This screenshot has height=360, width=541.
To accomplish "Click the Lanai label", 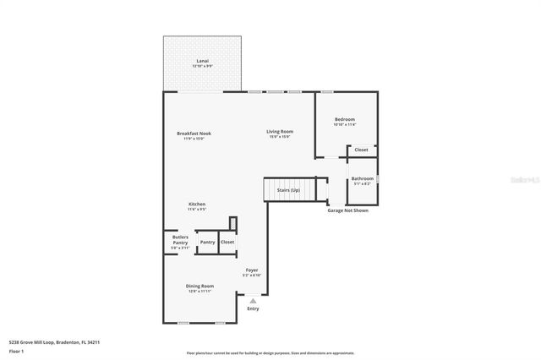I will pos(202,61).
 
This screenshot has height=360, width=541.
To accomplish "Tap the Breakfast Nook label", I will pos(194,134).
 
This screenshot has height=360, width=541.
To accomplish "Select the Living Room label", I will pos(280,131).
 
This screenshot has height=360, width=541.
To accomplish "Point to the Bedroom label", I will pos(344,119).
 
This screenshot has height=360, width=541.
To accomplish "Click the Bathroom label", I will pos(363,178).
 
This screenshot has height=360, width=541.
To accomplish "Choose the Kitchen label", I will pos(196,204).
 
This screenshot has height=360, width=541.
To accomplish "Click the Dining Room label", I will pos(199,286).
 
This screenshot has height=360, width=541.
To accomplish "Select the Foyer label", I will pos(252,270).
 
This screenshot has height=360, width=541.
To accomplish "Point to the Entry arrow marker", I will pos(253,300).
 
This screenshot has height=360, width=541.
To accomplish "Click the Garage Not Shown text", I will pos(347,210).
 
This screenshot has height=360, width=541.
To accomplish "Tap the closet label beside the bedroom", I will pos(361,150).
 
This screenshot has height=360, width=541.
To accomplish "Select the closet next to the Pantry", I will pos(227,242).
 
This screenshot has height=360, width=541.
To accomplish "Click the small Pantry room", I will pos(207,242).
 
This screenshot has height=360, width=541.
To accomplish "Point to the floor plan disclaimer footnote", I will pos(270,353).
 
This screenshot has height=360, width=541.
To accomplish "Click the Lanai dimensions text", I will pos(202,66).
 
